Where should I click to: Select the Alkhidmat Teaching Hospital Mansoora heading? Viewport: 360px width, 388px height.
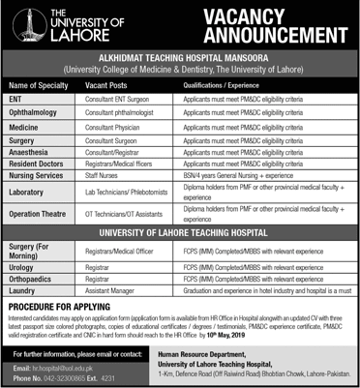180,59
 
